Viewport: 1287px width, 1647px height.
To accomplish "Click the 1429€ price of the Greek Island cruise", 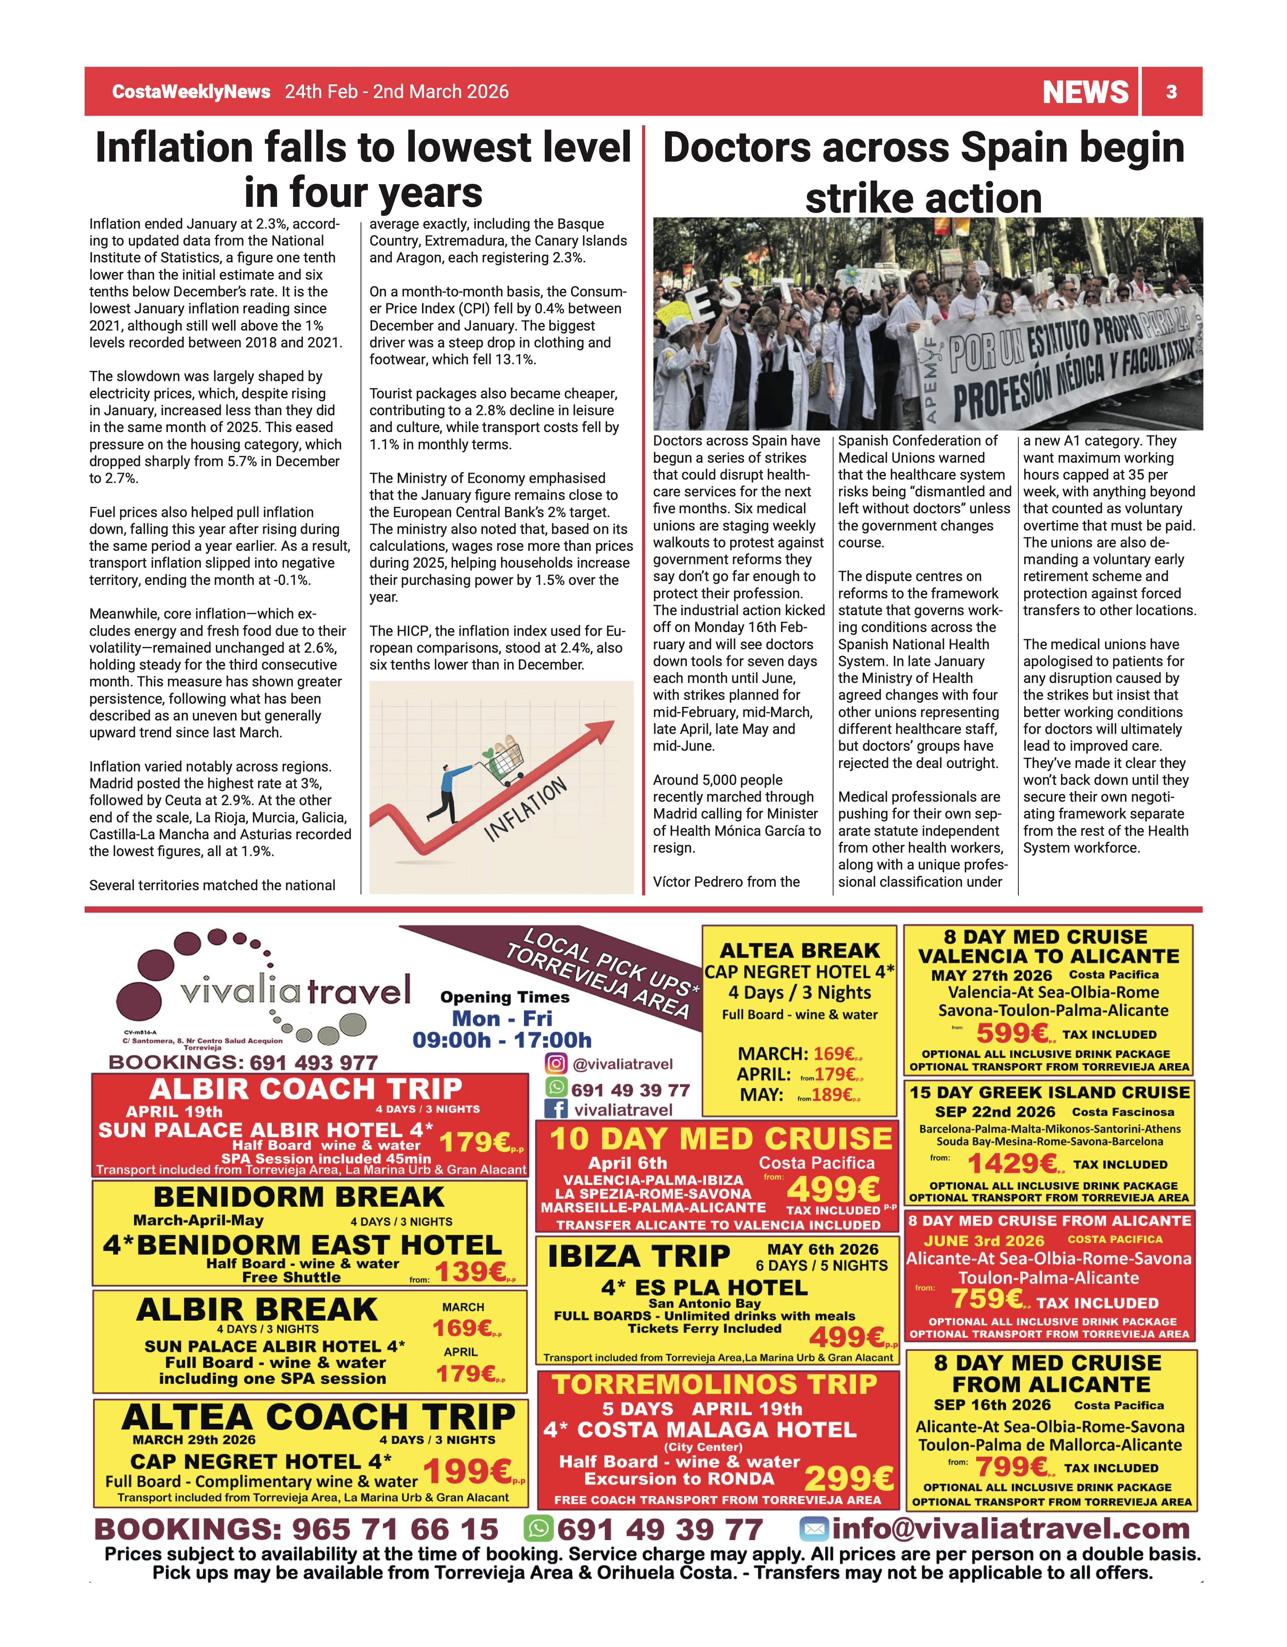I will pos(1013,1164).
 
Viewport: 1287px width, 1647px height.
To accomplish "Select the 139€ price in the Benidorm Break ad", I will pos(470,1272).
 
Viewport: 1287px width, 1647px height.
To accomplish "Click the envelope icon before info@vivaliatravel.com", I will pos(814,1529).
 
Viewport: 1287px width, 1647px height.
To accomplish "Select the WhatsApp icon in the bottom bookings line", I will pos(538,1529).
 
